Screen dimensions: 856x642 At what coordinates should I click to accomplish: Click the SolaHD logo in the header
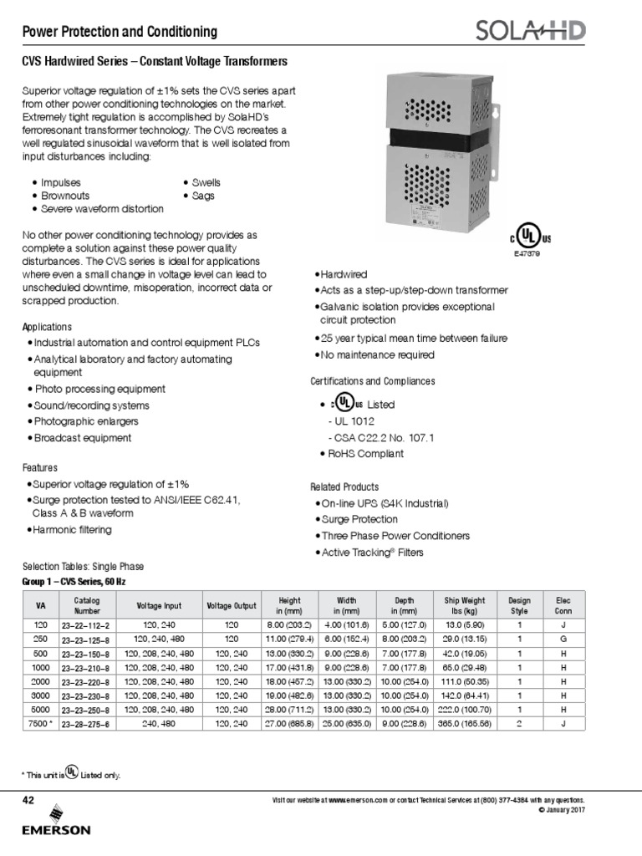point(529,32)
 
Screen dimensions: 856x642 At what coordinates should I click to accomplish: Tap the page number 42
point(28,800)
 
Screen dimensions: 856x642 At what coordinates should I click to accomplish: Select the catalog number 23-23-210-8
point(85,668)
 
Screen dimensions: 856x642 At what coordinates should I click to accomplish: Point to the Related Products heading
point(344,487)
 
